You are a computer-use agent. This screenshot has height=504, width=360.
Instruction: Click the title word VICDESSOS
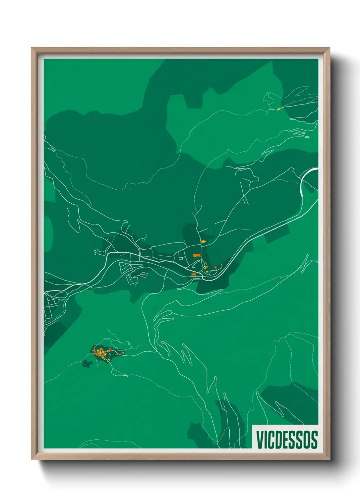(287, 440)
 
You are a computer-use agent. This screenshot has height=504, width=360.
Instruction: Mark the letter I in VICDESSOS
(265, 440)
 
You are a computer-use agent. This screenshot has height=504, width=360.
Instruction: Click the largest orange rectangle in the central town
(196, 255)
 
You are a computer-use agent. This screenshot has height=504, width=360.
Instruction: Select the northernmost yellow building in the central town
(203, 241)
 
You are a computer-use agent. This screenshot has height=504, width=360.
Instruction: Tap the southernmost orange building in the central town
(193, 274)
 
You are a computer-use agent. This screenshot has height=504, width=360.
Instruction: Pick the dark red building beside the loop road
(215, 267)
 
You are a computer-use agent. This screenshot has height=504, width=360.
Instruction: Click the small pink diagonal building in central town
(206, 263)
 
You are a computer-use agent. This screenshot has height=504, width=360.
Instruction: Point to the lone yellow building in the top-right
(278, 109)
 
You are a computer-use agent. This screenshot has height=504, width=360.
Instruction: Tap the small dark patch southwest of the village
(87, 364)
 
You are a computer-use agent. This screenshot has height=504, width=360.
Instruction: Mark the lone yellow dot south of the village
(128, 377)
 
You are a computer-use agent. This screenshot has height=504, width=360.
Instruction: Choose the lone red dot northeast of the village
(140, 344)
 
